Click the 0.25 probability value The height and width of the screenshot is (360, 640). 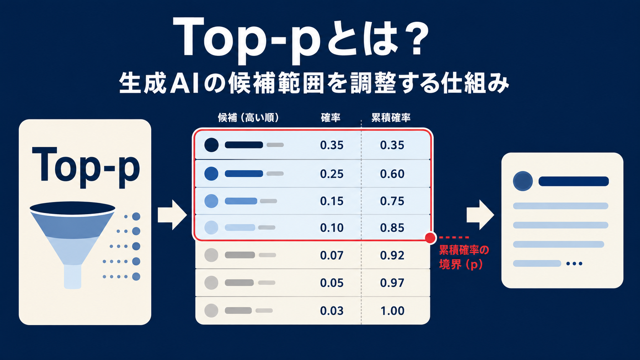tap(332, 174)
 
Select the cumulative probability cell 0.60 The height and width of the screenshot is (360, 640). tap(392, 174)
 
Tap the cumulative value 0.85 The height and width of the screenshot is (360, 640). tap(392, 228)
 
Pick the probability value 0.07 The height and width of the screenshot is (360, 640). tap(332, 255)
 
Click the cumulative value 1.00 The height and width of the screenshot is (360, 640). tap(392, 311)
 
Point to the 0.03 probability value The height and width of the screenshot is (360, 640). tap(332, 311)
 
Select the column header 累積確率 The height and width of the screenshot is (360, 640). tap(391, 117)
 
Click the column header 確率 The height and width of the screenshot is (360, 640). tap(331, 117)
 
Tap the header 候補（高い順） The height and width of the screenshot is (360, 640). tap(248, 117)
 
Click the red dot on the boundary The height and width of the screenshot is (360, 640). tap(430, 238)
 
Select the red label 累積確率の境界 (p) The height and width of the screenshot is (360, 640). tap(464, 257)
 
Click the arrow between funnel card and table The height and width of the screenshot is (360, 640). tap(172, 215)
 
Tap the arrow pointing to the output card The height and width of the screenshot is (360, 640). tap(480, 215)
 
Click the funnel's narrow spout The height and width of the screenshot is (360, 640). tap(73, 277)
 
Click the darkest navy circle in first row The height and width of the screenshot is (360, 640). tap(211, 145)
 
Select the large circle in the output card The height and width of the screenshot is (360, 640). tap(523, 181)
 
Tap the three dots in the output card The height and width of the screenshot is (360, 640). tap(574, 264)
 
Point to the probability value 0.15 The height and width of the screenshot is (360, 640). tap(332, 201)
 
